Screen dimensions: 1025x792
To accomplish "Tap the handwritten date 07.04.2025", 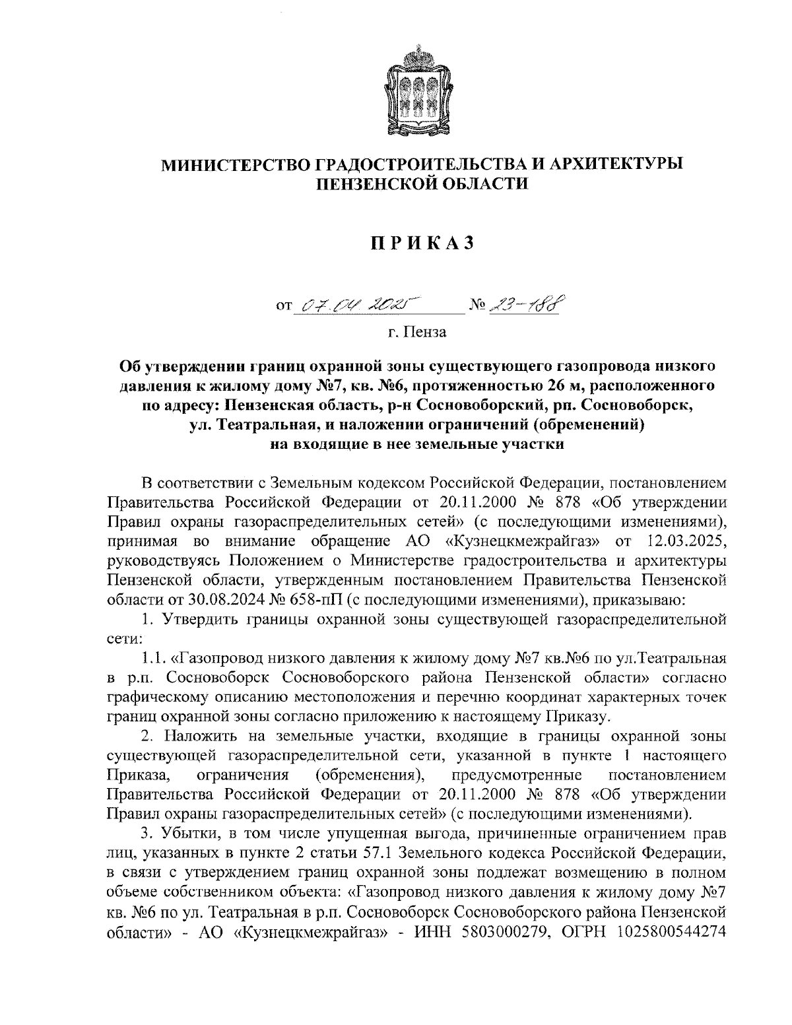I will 354,304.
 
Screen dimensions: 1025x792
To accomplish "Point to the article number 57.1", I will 379,851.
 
